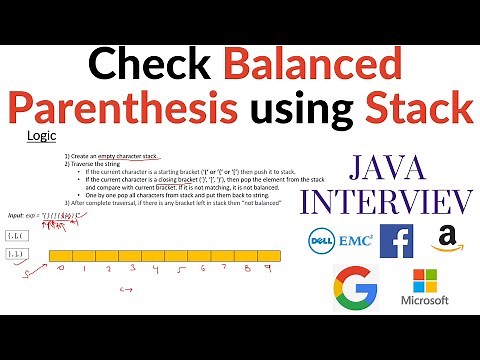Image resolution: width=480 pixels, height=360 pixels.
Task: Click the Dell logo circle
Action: click(x=321, y=239)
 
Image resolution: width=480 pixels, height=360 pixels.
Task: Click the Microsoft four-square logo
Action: click(x=424, y=280)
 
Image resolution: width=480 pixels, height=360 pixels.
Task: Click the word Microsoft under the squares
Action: click(x=424, y=301)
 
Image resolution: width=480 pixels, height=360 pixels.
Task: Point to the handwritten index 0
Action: click(x=61, y=269)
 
